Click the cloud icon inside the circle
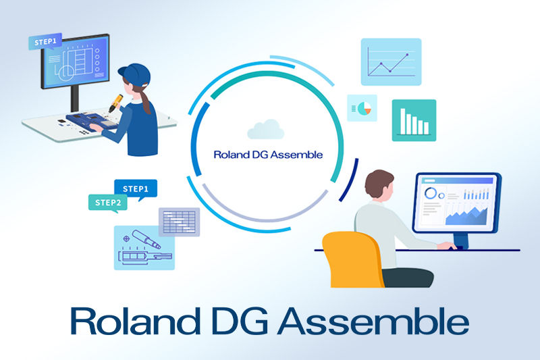coord(264,128)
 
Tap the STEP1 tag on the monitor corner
coord(45,43)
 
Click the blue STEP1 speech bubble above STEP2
coord(136,188)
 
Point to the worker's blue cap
coord(134,71)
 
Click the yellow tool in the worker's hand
coord(117,101)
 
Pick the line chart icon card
coord(391,61)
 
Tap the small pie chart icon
coord(362,107)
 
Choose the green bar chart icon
coord(414,120)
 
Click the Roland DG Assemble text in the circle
coord(267,154)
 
